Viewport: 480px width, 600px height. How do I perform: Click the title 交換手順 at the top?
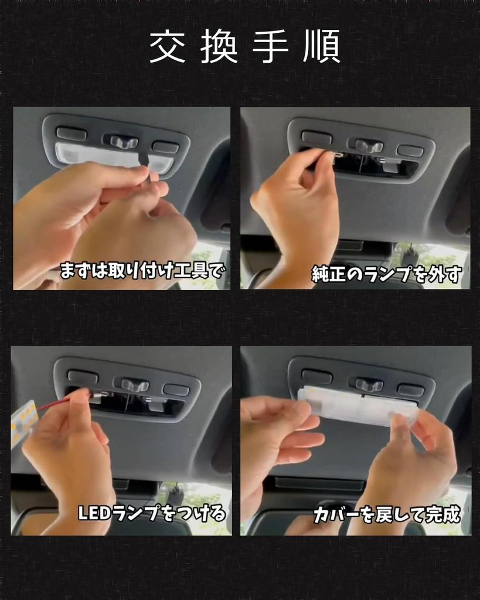click(x=244, y=47)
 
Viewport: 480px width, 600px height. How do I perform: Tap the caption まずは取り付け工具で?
click(x=142, y=271)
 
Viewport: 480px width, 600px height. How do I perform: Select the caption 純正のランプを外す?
click(x=387, y=274)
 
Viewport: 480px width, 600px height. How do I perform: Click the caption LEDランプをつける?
click(x=152, y=514)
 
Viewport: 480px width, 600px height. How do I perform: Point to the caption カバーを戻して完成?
click(x=387, y=515)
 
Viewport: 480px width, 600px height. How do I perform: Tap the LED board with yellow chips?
click(x=23, y=422)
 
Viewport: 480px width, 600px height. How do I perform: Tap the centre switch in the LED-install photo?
click(x=134, y=386)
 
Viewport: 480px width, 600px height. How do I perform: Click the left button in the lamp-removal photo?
click(x=316, y=138)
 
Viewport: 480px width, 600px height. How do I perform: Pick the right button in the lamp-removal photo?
click(x=410, y=150)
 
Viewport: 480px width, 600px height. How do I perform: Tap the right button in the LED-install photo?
click(x=176, y=390)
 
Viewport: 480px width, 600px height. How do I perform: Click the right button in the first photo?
click(x=165, y=146)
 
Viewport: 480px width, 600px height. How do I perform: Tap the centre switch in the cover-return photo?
click(x=369, y=385)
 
